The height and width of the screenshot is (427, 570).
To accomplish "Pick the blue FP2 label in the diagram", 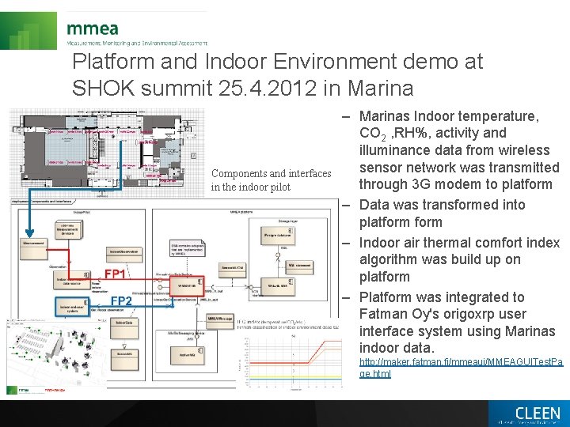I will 120,301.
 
